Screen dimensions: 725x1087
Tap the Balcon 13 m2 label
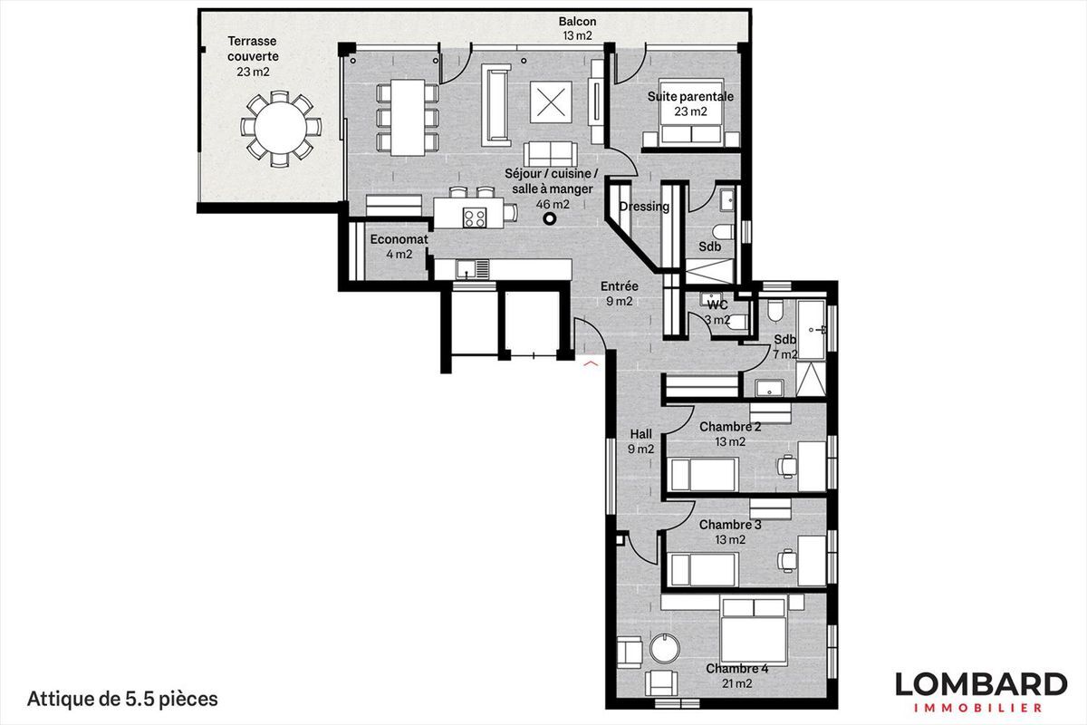click(577, 29)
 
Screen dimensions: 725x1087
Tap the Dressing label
click(644, 207)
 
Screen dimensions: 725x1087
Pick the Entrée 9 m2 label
click(619, 295)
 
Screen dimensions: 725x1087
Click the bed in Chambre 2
click(704, 473)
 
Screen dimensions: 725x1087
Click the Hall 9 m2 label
click(640, 441)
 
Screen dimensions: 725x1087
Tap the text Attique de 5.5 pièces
click(123, 699)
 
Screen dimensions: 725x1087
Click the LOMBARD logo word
click(981, 684)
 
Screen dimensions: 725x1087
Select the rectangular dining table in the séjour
click(408, 115)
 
